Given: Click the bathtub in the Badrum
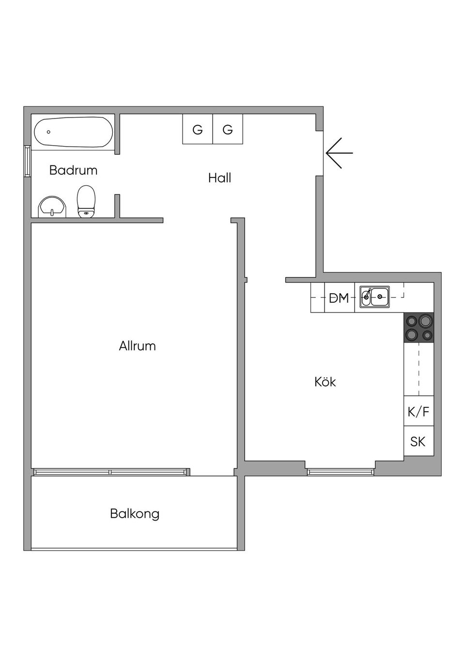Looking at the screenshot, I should tap(74, 132).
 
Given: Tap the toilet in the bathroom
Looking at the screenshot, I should tap(86, 202).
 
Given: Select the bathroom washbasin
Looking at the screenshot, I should tap(52, 207).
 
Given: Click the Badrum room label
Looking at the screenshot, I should tap(73, 170).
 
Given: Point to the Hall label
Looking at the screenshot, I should tap(219, 178).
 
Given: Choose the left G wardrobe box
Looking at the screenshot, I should tap(198, 129).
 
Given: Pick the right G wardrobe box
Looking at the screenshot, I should tap(228, 129).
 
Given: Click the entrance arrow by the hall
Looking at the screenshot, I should tap(339, 153).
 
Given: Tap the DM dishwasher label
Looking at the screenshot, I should tap(339, 298).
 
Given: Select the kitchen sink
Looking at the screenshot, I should tap(374, 297).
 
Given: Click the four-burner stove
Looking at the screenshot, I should tap(419, 328).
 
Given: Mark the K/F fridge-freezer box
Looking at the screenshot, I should tap(418, 412).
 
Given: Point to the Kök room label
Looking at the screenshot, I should tap(325, 382).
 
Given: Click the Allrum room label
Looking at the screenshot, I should tap(137, 346).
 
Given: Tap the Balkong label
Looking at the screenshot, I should tap(135, 513).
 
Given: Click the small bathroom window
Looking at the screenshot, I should tap(28, 161).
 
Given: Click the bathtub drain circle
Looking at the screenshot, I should tap(48, 132).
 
